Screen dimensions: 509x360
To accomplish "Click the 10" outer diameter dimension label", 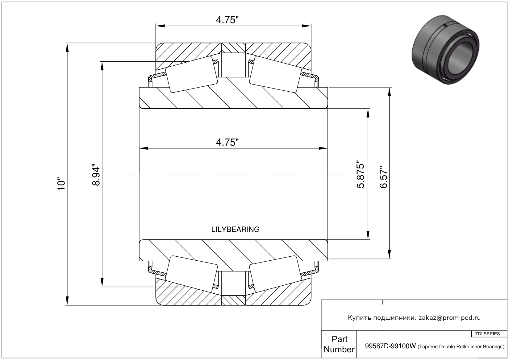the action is [x=61, y=184].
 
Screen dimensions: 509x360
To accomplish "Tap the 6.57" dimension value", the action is [x=383, y=177].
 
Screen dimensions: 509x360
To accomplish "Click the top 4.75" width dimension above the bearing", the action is [x=227, y=20].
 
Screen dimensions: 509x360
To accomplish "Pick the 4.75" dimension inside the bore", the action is [x=227, y=142].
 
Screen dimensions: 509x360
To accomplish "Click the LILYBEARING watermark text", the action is [x=236, y=230].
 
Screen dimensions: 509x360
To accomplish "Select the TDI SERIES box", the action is [x=488, y=334].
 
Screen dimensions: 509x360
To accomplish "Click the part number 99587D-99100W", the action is [x=390, y=346].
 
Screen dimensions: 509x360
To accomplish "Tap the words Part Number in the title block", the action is [x=339, y=344].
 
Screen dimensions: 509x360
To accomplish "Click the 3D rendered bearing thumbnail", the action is [x=445, y=50].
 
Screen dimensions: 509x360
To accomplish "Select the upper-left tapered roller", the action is [x=191, y=74].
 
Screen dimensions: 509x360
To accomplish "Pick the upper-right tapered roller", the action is [x=275, y=74].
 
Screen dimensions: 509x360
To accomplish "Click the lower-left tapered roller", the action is [x=191, y=274].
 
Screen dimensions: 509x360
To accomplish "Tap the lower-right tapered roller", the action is [x=275, y=274].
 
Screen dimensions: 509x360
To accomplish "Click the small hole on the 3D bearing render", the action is [x=445, y=26].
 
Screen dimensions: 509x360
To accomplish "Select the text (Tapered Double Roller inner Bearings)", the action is [x=461, y=347].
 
